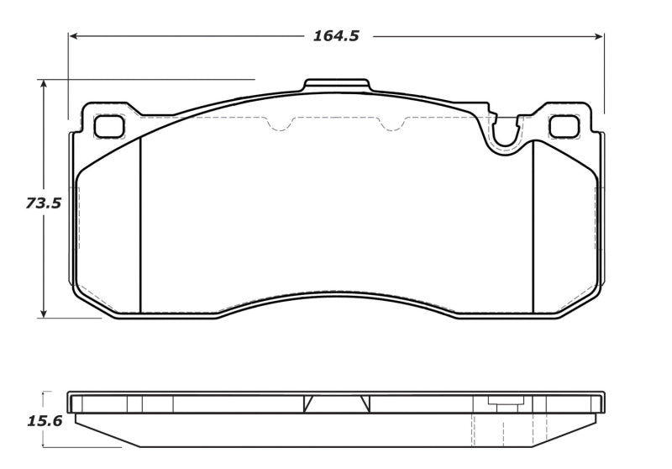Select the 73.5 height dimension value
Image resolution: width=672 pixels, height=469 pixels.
[x=42, y=203]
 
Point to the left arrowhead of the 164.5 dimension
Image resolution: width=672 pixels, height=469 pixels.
[x=74, y=36]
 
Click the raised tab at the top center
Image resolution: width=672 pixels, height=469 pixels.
[x=336, y=85]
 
